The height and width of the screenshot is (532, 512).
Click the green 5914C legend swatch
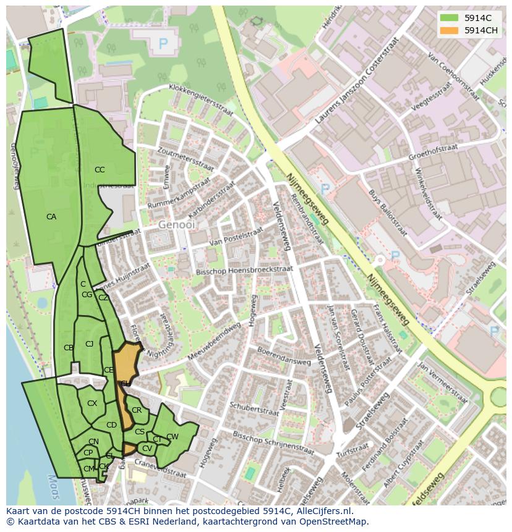[x=450, y=18]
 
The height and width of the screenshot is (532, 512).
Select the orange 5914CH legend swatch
[x=450, y=30]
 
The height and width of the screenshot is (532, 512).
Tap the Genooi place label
[x=176, y=225]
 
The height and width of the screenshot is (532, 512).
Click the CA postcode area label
[x=51, y=217]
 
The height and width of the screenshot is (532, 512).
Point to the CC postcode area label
[x=100, y=170]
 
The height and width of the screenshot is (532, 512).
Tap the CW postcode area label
[x=173, y=437]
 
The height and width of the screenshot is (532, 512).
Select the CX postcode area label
[x=92, y=403]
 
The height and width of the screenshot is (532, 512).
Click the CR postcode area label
[x=137, y=410]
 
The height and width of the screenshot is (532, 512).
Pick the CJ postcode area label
[x=89, y=344]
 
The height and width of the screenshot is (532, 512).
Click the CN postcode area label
[x=93, y=442]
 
